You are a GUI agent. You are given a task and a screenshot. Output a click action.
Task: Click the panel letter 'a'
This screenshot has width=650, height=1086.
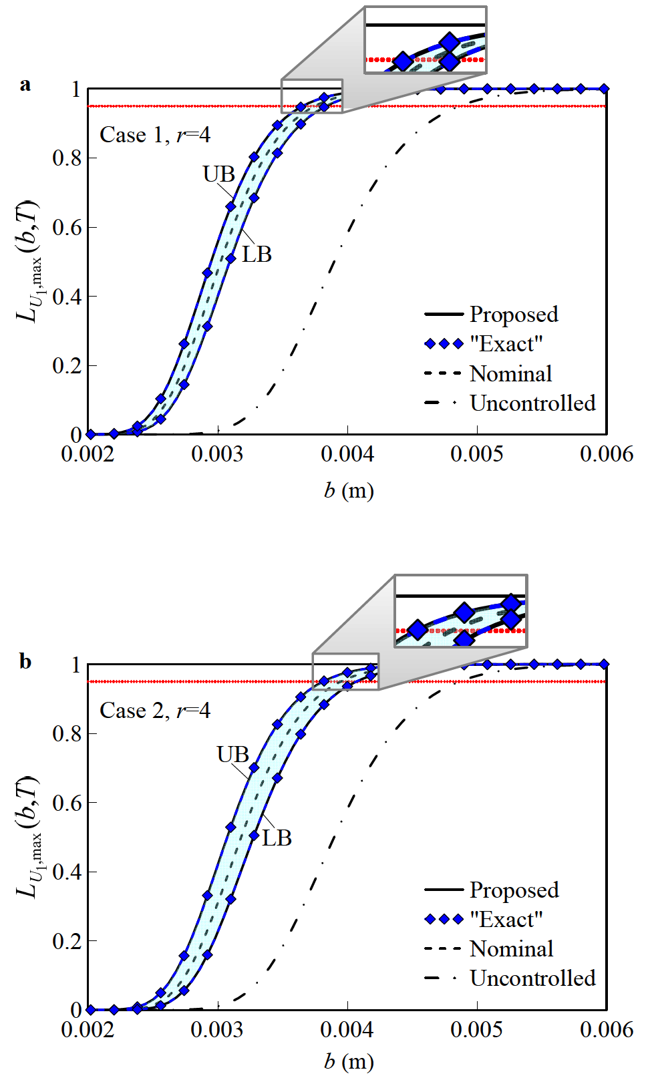click(25, 85)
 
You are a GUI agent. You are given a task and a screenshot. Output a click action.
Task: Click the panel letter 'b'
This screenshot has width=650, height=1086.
click(25, 661)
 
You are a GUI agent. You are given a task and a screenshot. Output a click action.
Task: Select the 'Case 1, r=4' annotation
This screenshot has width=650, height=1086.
click(155, 135)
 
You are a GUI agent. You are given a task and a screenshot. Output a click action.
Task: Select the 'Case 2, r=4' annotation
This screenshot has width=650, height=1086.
click(155, 711)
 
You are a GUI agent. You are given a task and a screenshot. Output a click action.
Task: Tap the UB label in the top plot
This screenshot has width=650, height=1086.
click(219, 174)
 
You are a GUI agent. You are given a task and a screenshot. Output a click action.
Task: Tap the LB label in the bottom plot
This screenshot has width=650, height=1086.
click(277, 838)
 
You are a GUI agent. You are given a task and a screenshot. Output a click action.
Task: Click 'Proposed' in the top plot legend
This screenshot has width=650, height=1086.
click(513, 315)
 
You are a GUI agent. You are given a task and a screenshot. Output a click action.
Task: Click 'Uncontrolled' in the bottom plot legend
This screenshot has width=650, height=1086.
click(532, 978)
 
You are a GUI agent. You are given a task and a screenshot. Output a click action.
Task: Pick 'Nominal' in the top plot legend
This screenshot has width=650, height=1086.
click(510, 374)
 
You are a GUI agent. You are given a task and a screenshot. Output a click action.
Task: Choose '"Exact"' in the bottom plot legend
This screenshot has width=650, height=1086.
click(506, 920)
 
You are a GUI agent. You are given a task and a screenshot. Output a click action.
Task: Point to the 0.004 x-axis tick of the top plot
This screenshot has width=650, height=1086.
click(347, 455)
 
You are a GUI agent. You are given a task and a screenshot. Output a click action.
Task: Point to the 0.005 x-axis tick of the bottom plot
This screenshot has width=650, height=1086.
click(477, 1030)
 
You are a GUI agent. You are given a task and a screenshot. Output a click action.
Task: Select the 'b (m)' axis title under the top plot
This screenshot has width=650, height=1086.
click(349, 491)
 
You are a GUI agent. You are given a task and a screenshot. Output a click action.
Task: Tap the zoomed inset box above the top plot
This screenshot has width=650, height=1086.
click(426, 39)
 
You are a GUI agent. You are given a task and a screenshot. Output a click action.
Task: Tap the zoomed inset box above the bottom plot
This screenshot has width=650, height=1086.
click(461, 610)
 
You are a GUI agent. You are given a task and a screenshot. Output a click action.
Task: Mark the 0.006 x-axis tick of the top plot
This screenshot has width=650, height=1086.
click(607, 455)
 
